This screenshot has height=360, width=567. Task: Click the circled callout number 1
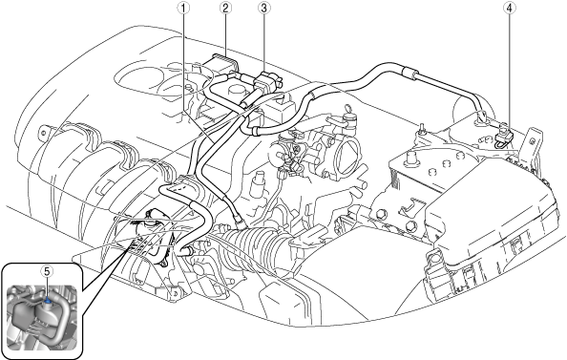[183, 9]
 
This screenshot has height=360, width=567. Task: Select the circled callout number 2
[225, 9]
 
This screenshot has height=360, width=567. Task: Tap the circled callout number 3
[264, 9]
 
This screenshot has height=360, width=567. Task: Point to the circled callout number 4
[509, 9]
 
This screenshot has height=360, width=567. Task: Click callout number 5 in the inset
[47, 271]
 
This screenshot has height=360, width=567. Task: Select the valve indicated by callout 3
[268, 82]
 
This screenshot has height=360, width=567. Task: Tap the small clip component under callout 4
[503, 138]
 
